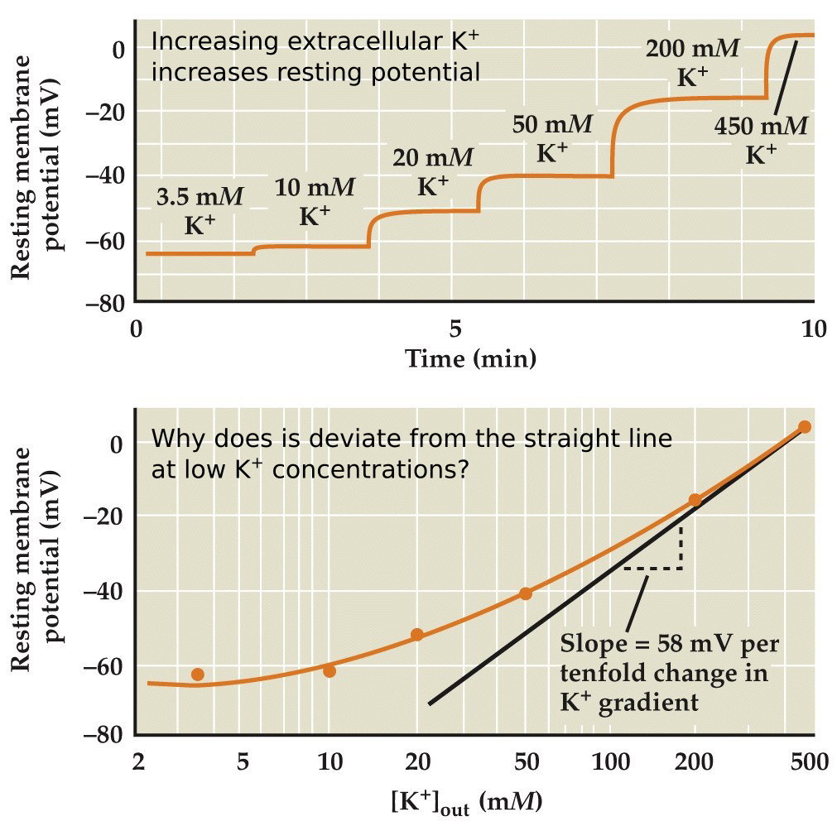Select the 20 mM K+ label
(432, 170)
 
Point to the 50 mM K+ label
(552, 138)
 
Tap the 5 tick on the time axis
(455, 329)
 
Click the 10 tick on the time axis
(812, 329)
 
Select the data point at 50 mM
(525, 593)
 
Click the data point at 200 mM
(695, 500)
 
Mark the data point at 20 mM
(416, 635)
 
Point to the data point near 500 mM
(804, 427)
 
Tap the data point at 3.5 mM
(197, 675)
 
